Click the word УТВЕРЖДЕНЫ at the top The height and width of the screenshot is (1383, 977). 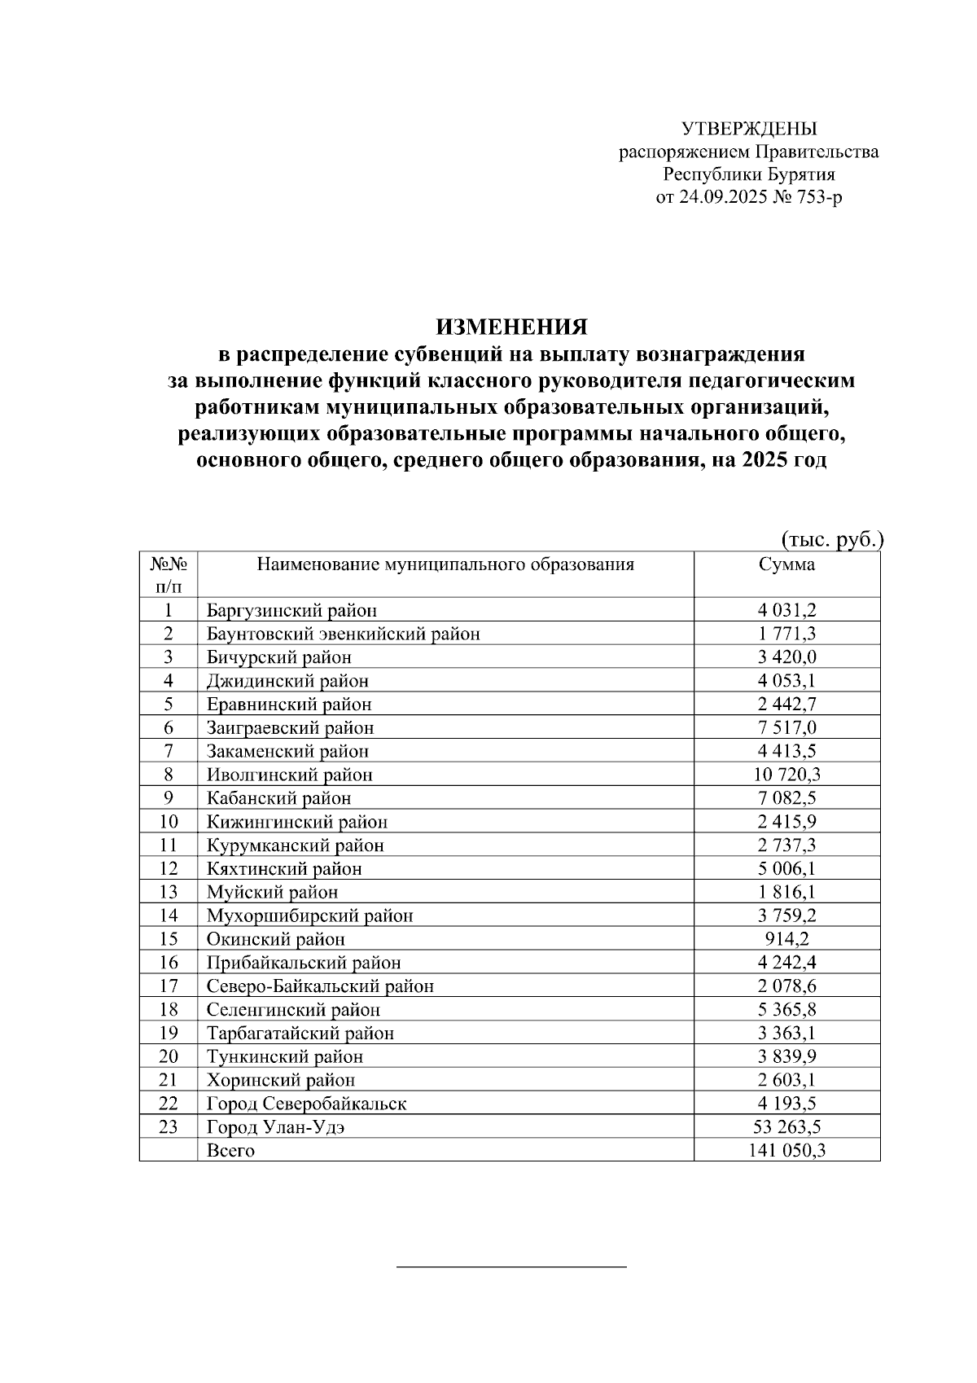point(748,129)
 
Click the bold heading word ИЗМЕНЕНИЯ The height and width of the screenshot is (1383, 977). point(511,327)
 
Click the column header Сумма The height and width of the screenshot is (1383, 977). point(786,565)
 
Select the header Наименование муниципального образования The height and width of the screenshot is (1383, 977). point(445,565)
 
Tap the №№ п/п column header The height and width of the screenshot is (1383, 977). point(169,574)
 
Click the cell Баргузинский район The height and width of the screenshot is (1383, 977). point(291,610)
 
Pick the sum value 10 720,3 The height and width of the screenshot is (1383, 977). point(786,775)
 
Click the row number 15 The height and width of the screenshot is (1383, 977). point(169,939)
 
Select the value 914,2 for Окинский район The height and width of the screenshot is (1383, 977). point(786,939)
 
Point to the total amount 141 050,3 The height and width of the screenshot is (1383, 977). point(786,1151)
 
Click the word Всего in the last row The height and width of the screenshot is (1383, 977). point(230,1151)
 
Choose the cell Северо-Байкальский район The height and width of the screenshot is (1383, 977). point(320,986)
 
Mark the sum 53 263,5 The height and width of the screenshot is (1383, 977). point(786,1127)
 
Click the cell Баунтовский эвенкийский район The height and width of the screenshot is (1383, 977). point(343,634)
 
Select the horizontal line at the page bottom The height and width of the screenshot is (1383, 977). point(511,1267)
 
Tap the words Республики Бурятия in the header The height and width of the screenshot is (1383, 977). point(748,174)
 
